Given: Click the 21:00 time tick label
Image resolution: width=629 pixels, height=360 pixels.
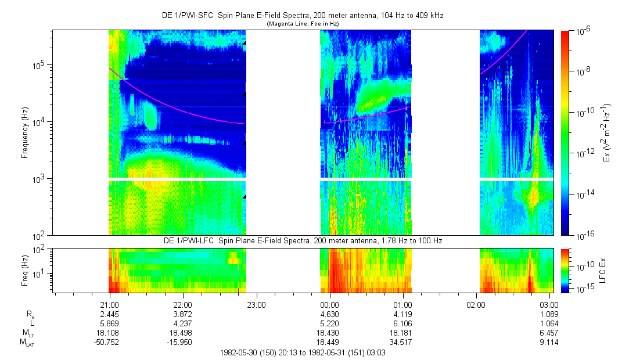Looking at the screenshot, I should [x=110, y=304].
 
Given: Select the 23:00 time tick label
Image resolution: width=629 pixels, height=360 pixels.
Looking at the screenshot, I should [x=256, y=304].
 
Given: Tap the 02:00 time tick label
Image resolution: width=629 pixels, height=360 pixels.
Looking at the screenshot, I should [x=476, y=304].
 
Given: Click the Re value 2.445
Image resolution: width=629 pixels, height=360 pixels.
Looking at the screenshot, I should [x=110, y=314].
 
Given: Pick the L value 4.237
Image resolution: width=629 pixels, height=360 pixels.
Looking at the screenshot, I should [x=183, y=323].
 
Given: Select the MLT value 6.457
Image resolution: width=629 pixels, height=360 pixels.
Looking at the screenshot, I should [x=549, y=333].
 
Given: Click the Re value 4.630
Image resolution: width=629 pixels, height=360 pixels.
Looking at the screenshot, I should [x=329, y=314].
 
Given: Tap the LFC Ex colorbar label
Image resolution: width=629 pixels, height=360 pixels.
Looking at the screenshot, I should [x=604, y=269].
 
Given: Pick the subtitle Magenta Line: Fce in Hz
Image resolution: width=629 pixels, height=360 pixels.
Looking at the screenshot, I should [x=303, y=23].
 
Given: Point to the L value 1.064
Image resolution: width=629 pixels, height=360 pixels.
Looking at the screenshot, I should [x=549, y=323].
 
